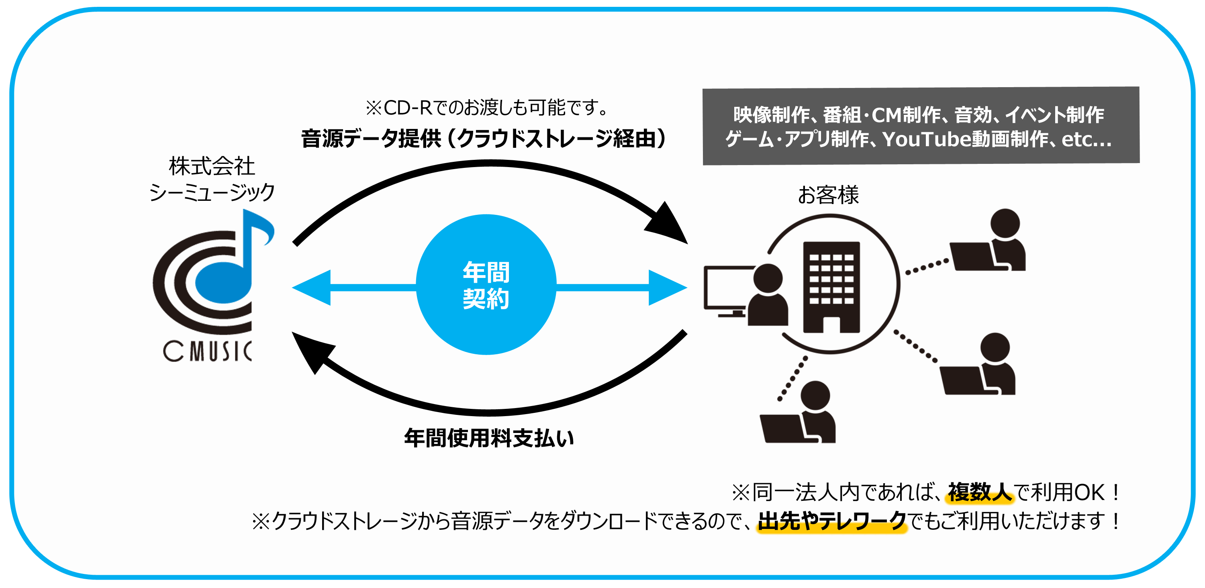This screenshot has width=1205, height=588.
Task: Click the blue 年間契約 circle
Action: [x=486, y=284]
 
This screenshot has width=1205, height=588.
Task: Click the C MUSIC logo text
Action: [x=207, y=351]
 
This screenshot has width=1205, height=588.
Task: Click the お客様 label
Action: [x=828, y=195]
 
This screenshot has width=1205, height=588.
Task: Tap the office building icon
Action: [x=831, y=286]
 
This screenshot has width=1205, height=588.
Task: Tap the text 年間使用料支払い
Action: [x=488, y=438]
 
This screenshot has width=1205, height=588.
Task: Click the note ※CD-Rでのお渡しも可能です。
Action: [x=486, y=108]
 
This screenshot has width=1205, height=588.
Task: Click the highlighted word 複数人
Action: [x=980, y=492]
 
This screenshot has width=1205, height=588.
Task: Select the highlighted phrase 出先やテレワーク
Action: [x=832, y=521]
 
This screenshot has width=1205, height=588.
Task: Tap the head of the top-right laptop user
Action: [x=1005, y=223]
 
